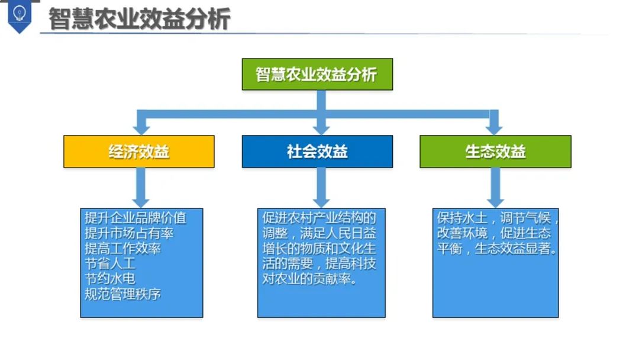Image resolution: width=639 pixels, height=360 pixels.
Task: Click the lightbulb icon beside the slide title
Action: pyautogui.click(x=20, y=14)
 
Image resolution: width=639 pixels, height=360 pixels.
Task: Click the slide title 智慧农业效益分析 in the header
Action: pyautogui.click(x=139, y=18)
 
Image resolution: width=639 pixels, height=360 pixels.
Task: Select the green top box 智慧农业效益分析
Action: pyautogui.click(x=317, y=74)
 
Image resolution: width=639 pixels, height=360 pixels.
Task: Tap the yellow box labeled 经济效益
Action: pyautogui.click(x=139, y=152)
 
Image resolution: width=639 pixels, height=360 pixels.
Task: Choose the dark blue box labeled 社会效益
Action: pyautogui.click(x=317, y=152)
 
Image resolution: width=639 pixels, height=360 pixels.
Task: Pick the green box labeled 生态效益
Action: pyautogui.click(x=495, y=152)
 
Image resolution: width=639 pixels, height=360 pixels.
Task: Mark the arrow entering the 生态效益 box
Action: pyautogui.click(x=495, y=124)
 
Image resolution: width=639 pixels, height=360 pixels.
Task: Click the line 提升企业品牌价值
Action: pyautogui.click(x=135, y=218)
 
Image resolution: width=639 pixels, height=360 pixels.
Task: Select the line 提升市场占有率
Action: pyautogui.click(x=129, y=233)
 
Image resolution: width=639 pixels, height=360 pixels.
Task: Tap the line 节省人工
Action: pyautogui.click(x=110, y=263)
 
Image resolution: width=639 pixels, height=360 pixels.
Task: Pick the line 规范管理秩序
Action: pyautogui.click(x=122, y=294)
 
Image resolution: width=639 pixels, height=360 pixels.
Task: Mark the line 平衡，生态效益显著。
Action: pyautogui.click(x=497, y=249)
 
